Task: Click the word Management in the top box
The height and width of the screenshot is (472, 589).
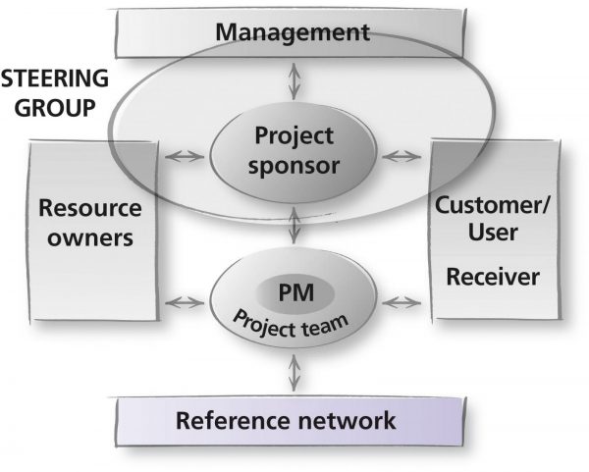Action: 293,33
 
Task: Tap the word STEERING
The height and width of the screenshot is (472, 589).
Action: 55,79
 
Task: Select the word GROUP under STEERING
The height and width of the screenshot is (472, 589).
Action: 55,108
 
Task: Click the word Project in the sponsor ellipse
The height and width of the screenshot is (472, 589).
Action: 294,137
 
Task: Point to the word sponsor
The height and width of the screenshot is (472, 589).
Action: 294,167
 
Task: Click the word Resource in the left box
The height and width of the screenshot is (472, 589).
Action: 90,208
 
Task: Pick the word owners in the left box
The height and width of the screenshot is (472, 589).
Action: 90,238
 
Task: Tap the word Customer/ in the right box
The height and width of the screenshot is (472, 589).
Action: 493,206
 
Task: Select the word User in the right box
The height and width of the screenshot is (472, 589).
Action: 493,232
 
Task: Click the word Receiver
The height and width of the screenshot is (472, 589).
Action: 493,277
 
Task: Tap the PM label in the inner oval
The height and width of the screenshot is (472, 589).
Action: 296,292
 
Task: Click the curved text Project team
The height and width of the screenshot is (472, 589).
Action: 291,325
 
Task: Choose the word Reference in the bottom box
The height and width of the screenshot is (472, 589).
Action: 233,420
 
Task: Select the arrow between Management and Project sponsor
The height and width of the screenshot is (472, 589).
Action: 294,81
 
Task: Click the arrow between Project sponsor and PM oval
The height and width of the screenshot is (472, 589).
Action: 294,225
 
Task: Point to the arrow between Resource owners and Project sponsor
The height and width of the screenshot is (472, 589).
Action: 185,156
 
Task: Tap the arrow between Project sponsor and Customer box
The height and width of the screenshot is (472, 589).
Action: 402,156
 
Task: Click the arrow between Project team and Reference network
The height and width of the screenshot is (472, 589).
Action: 294,373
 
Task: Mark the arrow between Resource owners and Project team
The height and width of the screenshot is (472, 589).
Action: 185,302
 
